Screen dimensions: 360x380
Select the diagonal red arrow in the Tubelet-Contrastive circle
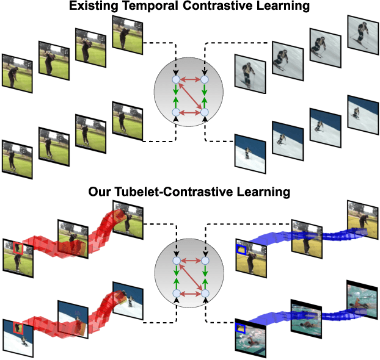point(190,278)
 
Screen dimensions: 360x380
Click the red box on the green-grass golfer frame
point(18,248)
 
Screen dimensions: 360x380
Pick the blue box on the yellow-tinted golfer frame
point(243,249)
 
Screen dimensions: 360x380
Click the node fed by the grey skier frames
point(205,80)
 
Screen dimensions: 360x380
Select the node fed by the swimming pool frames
point(205,295)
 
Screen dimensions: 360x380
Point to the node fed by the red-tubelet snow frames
point(176,295)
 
